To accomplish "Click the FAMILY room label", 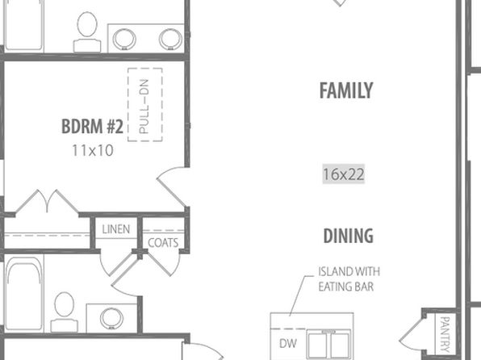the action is [346, 90].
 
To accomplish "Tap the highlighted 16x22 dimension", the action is [344, 174].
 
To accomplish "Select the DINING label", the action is [349, 236].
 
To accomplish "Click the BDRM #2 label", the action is [92, 126].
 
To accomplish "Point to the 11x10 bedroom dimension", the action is [93, 150].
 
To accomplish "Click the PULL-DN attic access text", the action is [144, 107].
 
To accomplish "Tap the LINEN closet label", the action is [116, 229].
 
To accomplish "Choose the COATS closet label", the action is [163, 243].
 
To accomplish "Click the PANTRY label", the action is [445, 334].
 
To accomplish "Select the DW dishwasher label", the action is [288, 343].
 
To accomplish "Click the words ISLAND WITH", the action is [349, 271].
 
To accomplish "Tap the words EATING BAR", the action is [346, 287].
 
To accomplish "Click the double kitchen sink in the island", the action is [328, 344].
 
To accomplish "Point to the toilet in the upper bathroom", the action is [87, 32].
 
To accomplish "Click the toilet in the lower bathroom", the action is [64, 312].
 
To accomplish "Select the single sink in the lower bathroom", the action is [111, 318].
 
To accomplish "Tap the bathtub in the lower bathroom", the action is [24, 294].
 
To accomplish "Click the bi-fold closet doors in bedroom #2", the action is [47, 201].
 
